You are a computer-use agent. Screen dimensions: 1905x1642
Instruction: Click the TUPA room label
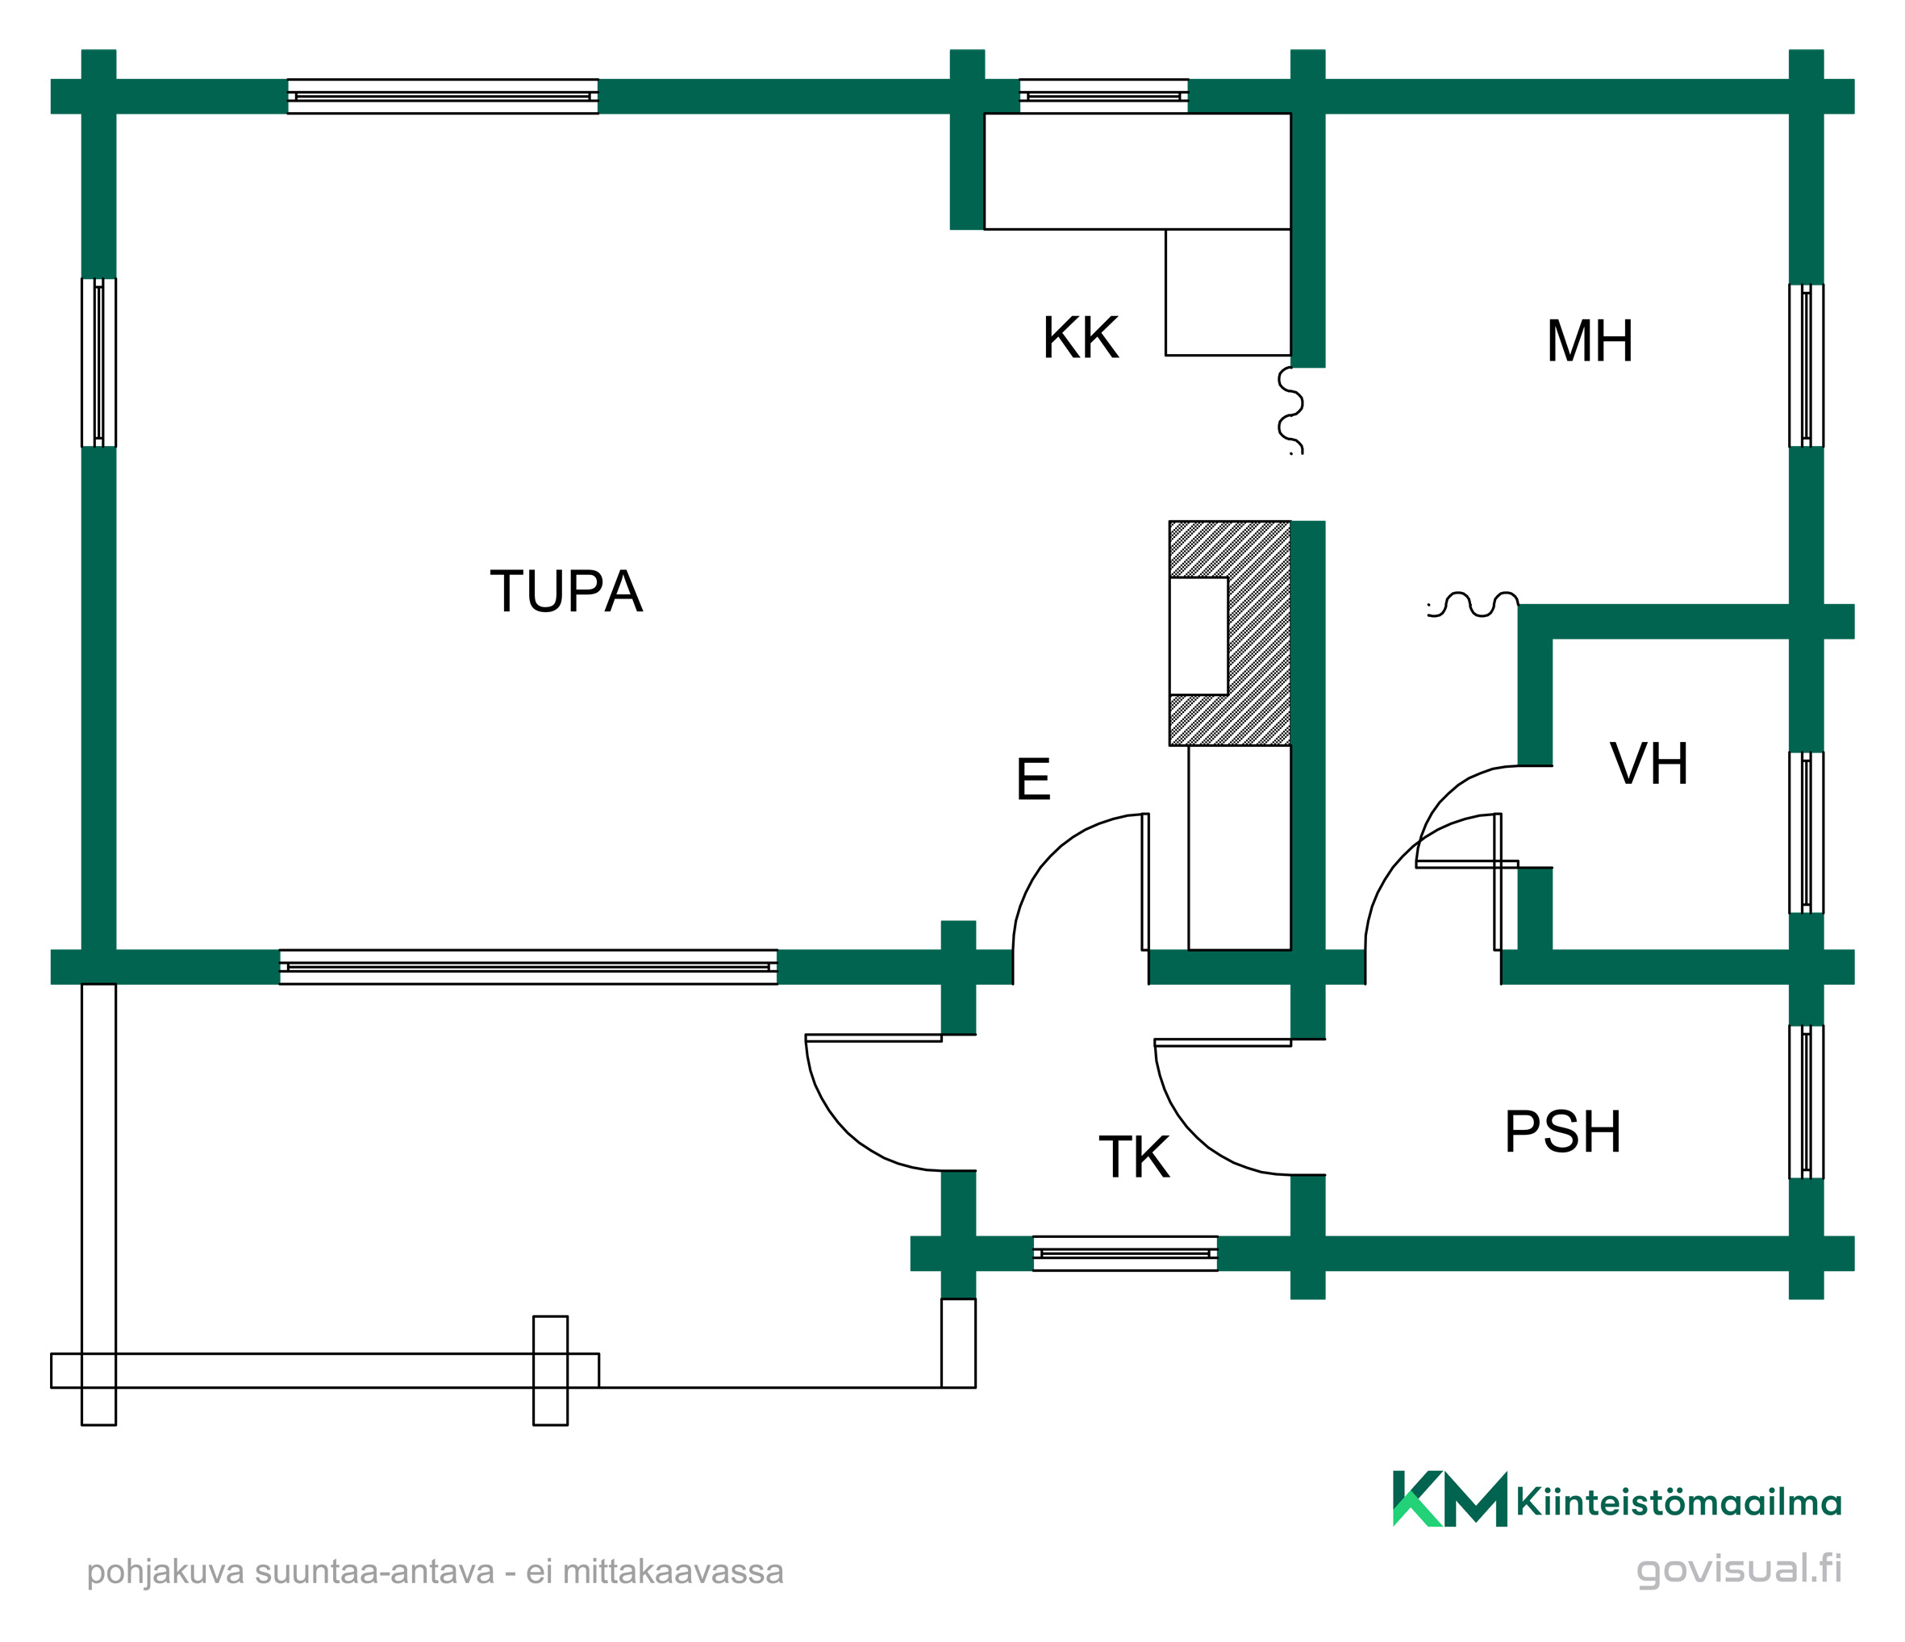tap(565, 591)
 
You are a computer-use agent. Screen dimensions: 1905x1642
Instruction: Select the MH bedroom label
tap(1590, 341)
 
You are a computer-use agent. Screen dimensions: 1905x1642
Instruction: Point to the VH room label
tap(1649, 763)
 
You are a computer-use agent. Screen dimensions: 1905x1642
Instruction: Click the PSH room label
tap(1563, 1131)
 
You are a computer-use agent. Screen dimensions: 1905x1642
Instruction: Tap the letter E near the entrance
tap(1033, 780)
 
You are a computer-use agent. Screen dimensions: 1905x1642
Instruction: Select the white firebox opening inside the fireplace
tap(1198, 636)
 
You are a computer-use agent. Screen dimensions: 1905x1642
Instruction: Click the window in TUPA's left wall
tap(98, 362)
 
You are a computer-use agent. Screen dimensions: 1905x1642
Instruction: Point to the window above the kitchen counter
tap(1103, 96)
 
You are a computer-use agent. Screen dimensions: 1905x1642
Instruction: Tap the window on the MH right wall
tap(1806, 365)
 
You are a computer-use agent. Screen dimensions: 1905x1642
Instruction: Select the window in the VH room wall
tap(1806, 832)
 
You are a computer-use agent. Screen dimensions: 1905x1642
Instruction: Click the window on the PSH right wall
tap(1806, 1102)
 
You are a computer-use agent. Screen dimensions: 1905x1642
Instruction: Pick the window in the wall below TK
tap(1125, 1253)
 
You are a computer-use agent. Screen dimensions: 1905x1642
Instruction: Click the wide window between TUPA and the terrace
tap(527, 967)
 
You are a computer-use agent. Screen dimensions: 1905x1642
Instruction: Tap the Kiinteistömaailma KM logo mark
tap(1450, 1498)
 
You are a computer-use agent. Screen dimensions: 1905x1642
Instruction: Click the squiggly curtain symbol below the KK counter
tap(1291, 410)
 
